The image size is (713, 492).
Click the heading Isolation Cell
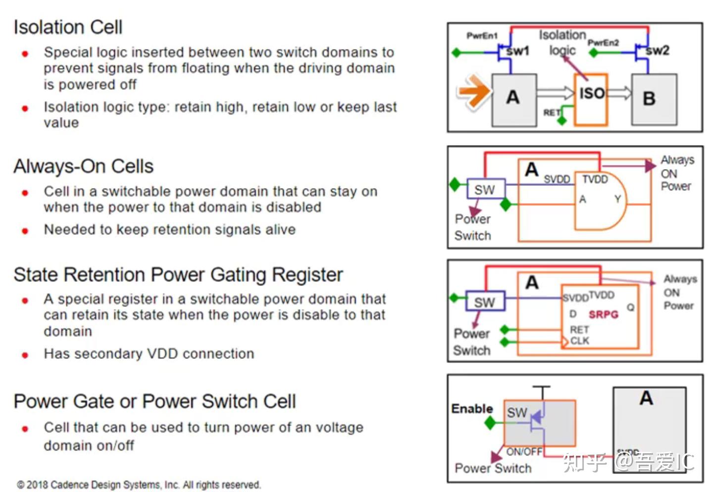point(68,27)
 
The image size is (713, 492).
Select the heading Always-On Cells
point(83,167)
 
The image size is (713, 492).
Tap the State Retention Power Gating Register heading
point(178,275)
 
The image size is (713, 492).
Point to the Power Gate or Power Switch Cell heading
point(154,401)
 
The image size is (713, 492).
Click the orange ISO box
point(591,100)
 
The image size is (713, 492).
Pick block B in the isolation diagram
point(654,99)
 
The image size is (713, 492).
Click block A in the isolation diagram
point(514,100)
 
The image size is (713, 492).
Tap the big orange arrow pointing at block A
point(473,91)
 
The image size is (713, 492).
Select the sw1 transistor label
point(517,51)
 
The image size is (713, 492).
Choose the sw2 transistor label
point(658,50)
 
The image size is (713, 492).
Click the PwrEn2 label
point(603,43)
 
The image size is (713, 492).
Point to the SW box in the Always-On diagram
point(486,189)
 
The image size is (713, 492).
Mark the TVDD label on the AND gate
point(595,180)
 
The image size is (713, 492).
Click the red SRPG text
point(603,314)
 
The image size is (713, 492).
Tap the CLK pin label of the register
point(579,341)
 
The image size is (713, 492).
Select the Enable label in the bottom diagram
point(472,409)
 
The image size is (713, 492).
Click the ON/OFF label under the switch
point(524,451)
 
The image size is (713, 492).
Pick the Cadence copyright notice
point(139,485)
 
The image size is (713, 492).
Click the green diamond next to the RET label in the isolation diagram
point(561,120)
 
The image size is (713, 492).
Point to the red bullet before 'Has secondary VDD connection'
point(25,355)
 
